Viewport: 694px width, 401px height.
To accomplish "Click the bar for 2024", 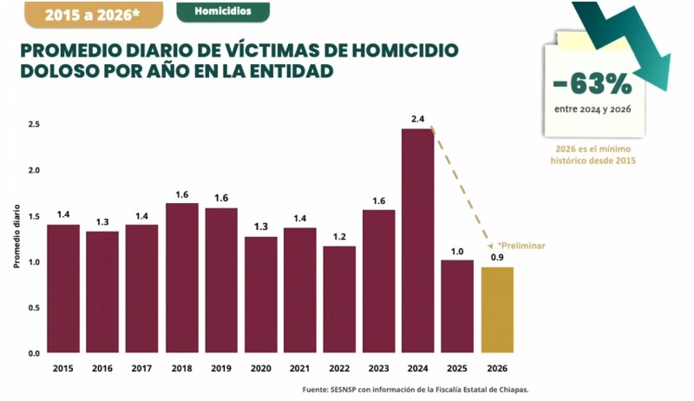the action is point(418,240).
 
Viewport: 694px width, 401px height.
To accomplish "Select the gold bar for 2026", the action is point(497,310).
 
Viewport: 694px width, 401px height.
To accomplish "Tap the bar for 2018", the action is point(182,278).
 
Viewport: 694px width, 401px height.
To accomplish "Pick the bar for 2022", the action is point(339,299).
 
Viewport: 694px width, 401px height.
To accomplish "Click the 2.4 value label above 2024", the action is point(418,119).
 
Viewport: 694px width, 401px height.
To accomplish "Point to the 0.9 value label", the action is point(497,257).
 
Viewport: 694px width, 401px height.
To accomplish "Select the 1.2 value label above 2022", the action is point(339,237).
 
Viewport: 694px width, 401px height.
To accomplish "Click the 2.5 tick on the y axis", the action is point(34,124).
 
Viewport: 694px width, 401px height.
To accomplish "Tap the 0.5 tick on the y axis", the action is point(34,307).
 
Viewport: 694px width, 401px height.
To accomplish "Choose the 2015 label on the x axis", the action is point(62,368).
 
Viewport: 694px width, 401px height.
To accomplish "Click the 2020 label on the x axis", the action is point(261,368).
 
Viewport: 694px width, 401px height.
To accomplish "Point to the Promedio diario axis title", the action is point(16,236).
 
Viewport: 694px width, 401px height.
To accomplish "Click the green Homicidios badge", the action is point(223,11).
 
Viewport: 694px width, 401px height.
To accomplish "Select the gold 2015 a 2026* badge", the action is point(94,15).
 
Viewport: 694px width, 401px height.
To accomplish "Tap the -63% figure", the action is point(593,84).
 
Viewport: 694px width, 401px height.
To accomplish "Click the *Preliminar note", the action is point(521,246).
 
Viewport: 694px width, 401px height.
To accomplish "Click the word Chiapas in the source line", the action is point(514,390).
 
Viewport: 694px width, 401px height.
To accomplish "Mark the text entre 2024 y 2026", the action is point(593,109).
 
